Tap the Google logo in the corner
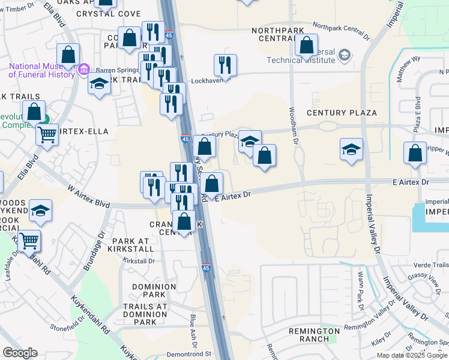tap(20, 353)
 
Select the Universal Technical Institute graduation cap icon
tap(345, 56)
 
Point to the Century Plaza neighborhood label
tap(342, 113)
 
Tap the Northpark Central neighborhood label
tap(280, 34)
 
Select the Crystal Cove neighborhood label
tap(117, 14)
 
